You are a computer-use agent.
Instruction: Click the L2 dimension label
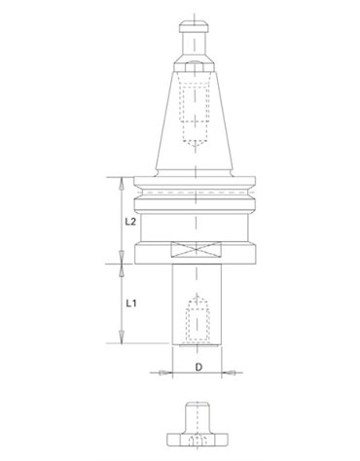(130, 222)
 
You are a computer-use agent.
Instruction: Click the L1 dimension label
(130, 303)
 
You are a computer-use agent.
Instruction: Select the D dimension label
(198, 367)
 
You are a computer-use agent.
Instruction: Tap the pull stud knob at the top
(194, 26)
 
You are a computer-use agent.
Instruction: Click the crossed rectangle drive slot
(196, 250)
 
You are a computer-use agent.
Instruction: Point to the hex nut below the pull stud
(195, 67)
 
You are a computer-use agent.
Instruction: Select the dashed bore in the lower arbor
(196, 319)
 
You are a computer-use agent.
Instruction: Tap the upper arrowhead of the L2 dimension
(122, 183)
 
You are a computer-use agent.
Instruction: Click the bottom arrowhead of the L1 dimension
(122, 337)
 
